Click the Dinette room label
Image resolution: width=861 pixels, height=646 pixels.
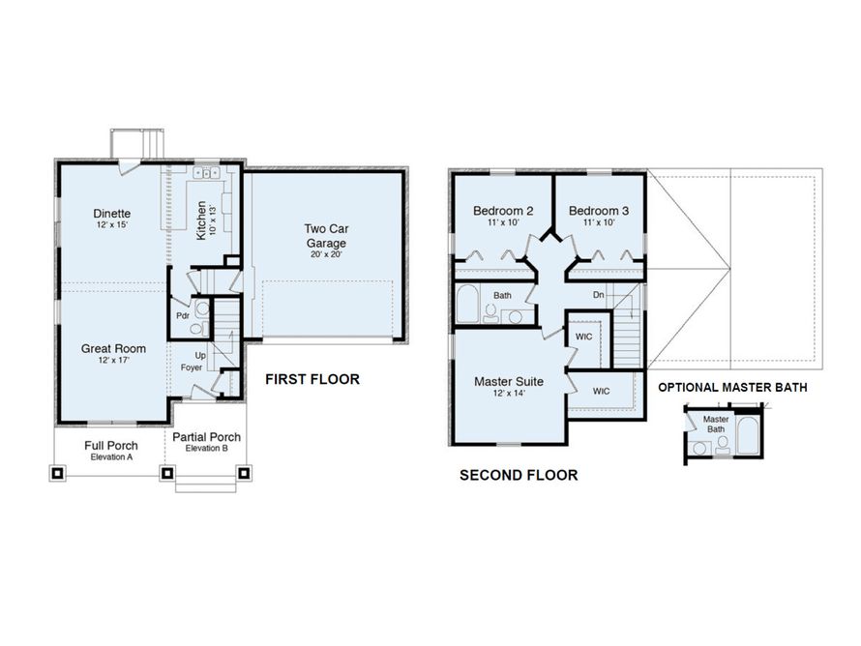tap(112, 214)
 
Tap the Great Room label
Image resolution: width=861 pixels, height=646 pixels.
tap(113, 348)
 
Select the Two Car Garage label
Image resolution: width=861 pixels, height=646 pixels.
tap(326, 236)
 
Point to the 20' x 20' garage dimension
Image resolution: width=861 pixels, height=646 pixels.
tap(326, 254)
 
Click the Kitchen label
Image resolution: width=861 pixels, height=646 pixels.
tap(201, 220)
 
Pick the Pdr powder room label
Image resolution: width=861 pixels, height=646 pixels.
tap(183, 316)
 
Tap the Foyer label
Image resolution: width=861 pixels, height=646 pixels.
tap(192, 367)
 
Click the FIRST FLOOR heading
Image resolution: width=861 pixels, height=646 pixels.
tap(312, 379)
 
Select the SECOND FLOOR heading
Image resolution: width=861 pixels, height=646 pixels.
tap(519, 475)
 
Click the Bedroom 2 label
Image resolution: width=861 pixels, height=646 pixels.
tap(503, 211)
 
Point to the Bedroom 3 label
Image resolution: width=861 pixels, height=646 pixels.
tap(599, 211)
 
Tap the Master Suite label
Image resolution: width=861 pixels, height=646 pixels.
tap(509, 381)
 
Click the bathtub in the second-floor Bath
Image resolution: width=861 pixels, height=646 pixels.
tap(467, 304)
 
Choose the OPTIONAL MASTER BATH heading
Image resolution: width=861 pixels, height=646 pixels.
tap(733, 388)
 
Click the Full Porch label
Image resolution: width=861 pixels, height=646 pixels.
tap(111, 446)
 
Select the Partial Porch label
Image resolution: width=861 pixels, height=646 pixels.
tap(206, 437)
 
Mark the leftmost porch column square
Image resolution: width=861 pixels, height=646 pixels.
tap(57, 473)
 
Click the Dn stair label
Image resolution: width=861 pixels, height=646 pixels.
tap(599, 295)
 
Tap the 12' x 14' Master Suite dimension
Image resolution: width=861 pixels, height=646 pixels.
tap(509, 393)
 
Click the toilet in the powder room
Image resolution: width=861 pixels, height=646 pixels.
tap(196, 329)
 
